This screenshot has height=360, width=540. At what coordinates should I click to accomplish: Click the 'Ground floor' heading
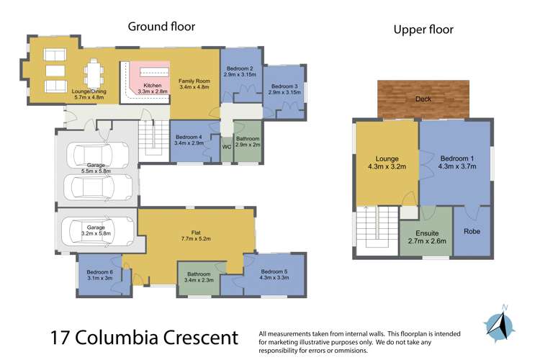[x=161, y=27]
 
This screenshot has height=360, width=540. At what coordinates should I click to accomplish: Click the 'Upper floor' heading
[x=423, y=30]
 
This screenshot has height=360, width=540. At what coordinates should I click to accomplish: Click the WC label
[x=226, y=147]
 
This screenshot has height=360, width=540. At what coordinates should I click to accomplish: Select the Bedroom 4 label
[x=189, y=140]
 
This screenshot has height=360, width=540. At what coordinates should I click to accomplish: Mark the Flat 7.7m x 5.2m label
[x=196, y=235]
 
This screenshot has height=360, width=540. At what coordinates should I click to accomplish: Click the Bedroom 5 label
[x=275, y=274]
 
